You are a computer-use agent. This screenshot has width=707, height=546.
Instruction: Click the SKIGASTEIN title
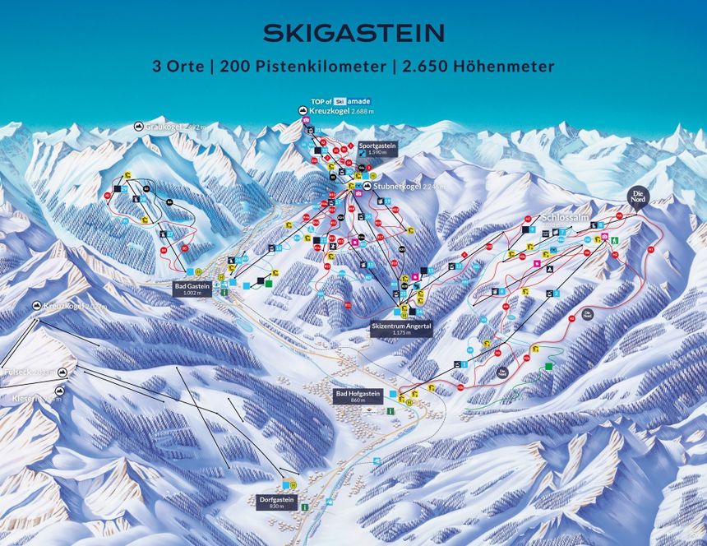pos(353,33)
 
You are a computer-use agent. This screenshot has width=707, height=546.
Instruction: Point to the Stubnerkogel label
pos(402,187)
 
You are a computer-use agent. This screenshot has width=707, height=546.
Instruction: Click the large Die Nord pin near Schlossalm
pos(637,197)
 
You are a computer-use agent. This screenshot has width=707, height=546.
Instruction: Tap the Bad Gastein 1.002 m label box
pos(192,287)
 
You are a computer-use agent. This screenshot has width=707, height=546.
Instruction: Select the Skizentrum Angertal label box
pos(401,326)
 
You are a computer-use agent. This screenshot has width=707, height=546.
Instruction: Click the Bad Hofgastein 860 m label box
pos(358,396)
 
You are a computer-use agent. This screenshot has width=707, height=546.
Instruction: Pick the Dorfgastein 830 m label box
pos(277,502)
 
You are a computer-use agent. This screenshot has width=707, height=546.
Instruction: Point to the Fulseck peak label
pos(18,372)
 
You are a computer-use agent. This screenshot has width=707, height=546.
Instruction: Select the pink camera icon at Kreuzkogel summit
pos(306,121)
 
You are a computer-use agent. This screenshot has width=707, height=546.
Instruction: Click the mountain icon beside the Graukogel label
pos(138,127)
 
